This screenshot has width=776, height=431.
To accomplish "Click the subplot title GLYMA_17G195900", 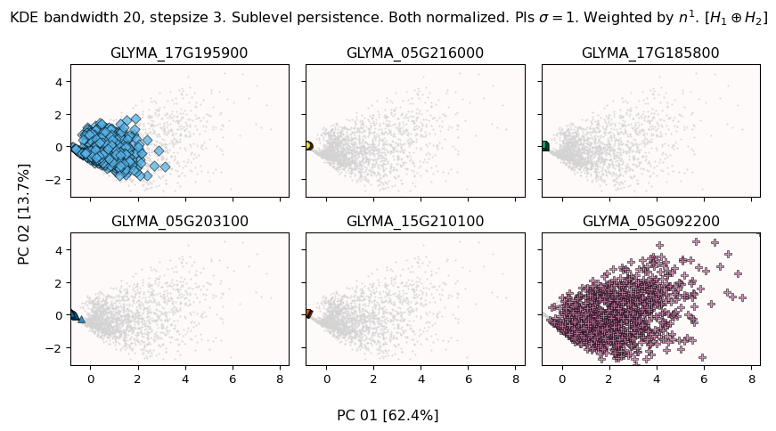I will tap(179, 53).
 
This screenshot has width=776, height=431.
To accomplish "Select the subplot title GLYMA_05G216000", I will tap(415, 53).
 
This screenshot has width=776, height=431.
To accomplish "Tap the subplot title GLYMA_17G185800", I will tap(650, 53).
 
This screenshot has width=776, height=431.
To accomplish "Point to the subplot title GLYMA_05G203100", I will tap(179, 222).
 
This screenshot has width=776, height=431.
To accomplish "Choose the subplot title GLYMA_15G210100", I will tap(415, 222).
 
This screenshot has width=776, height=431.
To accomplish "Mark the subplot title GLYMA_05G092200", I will tap(650, 222).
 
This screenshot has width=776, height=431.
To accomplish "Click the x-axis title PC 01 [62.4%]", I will tap(388, 416).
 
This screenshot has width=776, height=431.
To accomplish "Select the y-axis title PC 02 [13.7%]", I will tap(24, 214).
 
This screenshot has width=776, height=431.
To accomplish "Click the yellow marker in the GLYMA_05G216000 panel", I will tap(308, 146).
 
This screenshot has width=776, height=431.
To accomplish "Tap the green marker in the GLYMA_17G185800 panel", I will tap(544, 146).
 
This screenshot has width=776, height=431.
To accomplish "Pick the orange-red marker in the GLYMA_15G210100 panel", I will tap(308, 313).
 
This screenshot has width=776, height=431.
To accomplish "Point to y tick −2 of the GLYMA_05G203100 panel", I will tap(56, 347).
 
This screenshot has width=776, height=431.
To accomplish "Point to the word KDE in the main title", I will tap(24, 18).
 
